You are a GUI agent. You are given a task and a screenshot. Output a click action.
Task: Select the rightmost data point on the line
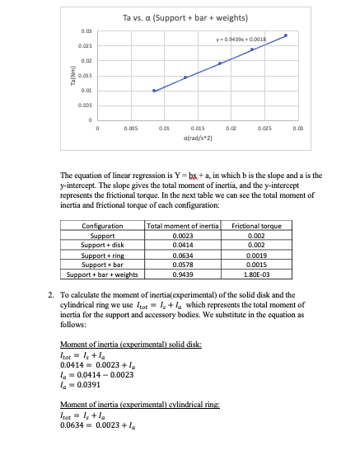[x=286, y=35]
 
